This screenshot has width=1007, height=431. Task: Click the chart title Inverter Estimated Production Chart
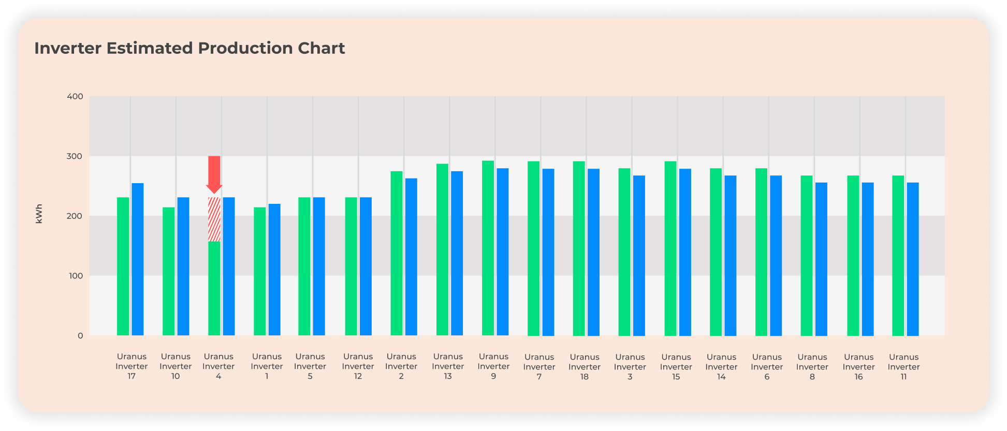189,48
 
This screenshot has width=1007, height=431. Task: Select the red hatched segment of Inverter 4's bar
214,219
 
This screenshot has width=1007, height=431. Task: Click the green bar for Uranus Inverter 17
123,266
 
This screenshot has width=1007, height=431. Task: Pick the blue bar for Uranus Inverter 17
138,259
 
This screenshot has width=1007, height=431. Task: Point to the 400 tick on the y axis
75,97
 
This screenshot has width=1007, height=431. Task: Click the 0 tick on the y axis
80,336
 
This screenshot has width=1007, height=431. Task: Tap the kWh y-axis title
39,214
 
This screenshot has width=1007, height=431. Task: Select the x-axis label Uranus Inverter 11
903,367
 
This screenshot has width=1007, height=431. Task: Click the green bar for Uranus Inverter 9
488,248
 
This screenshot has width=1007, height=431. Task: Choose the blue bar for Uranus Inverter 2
411,257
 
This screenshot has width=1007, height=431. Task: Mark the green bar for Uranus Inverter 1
260,271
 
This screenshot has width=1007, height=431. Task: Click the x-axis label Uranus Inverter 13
448,366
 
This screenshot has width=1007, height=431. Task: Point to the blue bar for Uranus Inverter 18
593,252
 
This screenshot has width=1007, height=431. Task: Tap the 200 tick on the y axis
75,216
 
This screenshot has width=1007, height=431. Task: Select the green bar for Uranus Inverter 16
853,256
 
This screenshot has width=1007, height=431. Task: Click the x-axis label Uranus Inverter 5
310,366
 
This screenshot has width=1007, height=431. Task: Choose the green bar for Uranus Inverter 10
169,271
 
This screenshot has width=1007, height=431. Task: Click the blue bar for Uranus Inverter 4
229,266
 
